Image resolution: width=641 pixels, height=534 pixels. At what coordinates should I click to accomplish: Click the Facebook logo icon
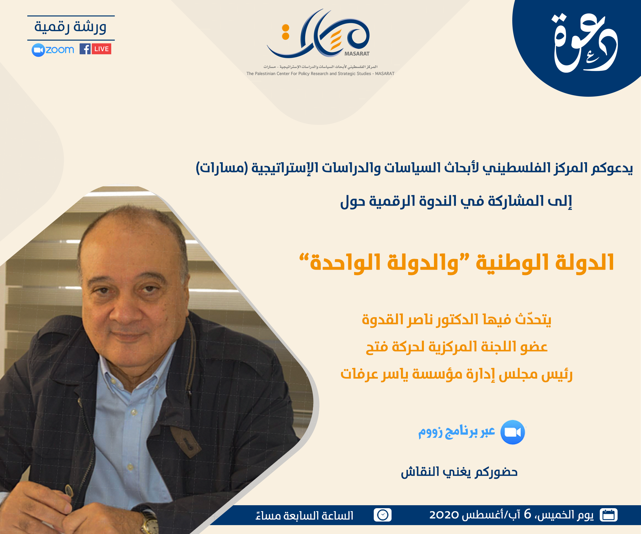pyautogui.click(x=85, y=49)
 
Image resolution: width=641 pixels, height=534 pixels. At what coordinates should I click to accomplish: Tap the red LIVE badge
pyautogui.click(x=102, y=49)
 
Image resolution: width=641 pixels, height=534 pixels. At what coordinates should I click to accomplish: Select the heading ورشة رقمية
pyautogui.click(x=71, y=27)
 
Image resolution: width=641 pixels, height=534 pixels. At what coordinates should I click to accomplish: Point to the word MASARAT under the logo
pyautogui.click(x=357, y=54)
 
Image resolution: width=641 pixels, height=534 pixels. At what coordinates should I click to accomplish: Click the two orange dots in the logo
pyautogui.click(x=286, y=32)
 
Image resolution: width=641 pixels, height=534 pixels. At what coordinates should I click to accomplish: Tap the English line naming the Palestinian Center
pyautogui.click(x=320, y=74)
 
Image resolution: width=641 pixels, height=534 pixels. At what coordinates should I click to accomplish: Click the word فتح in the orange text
pyautogui.click(x=377, y=347)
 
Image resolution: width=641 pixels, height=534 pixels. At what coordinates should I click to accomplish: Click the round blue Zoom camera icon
pyautogui.click(x=513, y=432)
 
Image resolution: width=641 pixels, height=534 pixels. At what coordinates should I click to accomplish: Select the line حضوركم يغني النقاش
pyautogui.click(x=459, y=472)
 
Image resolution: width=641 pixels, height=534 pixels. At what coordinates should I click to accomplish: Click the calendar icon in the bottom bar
pyautogui.click(x=608, y=515)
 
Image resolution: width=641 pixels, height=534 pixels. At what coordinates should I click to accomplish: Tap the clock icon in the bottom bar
pyautogui.click(x=382, y=515)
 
